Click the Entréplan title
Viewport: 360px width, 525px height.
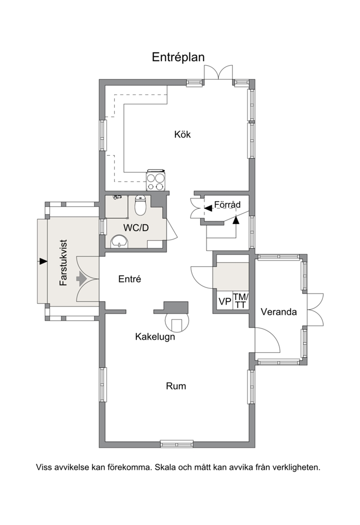point(178,57)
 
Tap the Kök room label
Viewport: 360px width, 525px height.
point(182,134)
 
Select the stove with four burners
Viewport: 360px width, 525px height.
point(156,181)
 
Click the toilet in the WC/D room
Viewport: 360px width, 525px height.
point(140,205)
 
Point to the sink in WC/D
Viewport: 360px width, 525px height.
point(119,242)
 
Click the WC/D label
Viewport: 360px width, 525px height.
point(136,228)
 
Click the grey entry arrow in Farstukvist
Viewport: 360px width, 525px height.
point(82,278)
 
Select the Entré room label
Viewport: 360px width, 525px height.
point(129,279)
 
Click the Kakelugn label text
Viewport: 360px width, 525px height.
point(155,336)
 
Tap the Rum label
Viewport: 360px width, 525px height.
point(176,386)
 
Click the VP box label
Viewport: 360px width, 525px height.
point(225,301)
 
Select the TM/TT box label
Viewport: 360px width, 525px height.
point(241,301)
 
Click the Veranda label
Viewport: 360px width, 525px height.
point(278,312)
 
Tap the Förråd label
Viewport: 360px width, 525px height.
point(227,204)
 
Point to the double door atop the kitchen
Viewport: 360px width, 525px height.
point(219,72)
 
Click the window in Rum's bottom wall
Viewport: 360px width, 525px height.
point(176,444)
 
